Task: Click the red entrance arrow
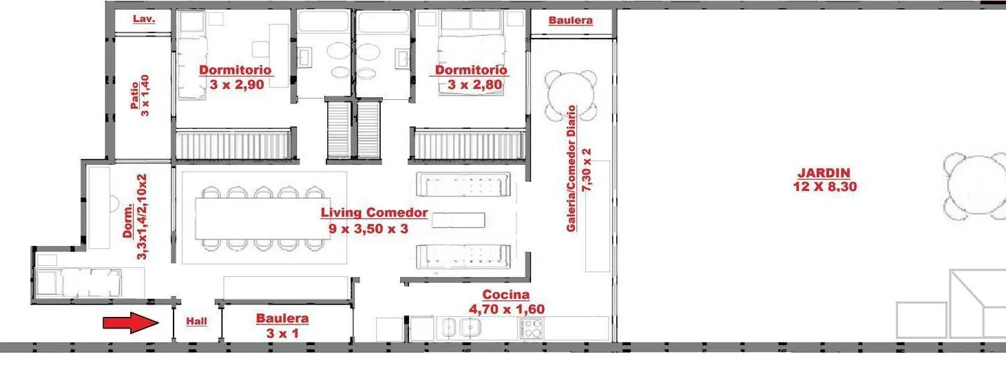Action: click(131, 323)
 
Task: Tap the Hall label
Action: click(197, 322)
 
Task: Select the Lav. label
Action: click(144, 19)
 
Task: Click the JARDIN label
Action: click(824, 173)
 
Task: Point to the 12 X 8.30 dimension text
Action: click(825, 187)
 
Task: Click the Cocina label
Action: click(505, 295)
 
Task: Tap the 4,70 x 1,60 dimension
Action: click(507, 309)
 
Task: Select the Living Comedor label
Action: click(374, 213)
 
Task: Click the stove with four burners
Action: click(531, 328)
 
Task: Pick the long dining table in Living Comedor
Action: click(263, 218)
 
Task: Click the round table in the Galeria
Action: click(571, 95)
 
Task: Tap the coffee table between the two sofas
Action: click(459, 220)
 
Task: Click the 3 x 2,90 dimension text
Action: click(237, 85)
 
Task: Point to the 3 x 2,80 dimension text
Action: click(474, 85)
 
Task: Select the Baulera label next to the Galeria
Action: click(570, 21)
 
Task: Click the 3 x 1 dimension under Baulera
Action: click(282, 333)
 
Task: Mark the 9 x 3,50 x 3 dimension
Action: click(368, 229)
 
